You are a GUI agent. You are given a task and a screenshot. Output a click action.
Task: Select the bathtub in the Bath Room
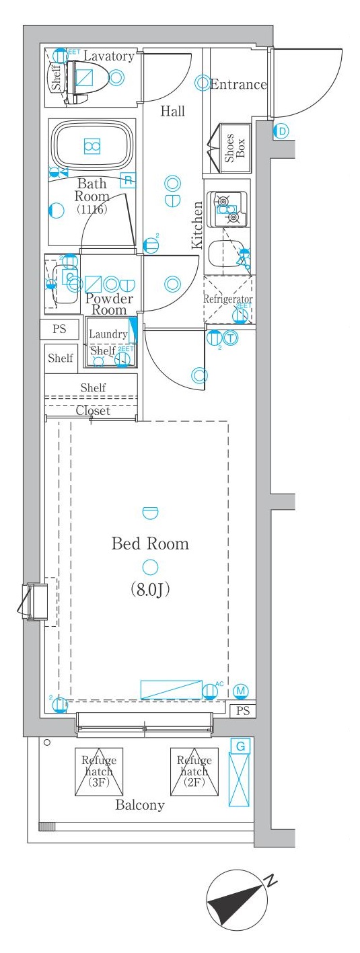point(92,145)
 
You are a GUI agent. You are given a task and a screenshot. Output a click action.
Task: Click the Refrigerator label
point(228,299)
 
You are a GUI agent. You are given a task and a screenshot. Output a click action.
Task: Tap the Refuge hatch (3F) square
point(99,771)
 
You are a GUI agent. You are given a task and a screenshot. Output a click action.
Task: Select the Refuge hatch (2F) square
point(194,771)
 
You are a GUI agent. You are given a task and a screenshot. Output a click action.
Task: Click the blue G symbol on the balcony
point(240,745)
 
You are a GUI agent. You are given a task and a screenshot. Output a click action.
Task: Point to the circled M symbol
point(242,691)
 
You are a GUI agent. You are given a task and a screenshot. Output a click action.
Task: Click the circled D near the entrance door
point(281,131)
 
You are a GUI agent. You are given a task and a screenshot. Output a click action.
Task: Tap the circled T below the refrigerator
point(231,338)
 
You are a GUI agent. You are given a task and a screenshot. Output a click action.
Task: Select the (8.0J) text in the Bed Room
point(149,590)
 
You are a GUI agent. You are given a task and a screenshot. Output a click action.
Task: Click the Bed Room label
point(149,543)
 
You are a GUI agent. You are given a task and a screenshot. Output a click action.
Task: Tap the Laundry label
point(108,334)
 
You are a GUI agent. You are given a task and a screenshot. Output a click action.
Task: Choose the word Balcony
point(139,805)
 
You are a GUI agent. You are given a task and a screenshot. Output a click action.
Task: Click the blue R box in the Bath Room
point(127,180)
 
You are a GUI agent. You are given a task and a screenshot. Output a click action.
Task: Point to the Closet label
point(93,410)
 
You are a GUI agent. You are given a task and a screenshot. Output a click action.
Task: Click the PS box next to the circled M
point(243,710)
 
